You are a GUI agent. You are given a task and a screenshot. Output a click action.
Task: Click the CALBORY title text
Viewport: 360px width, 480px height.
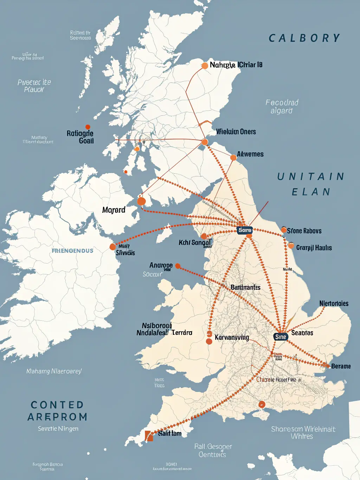[x=304, y=38]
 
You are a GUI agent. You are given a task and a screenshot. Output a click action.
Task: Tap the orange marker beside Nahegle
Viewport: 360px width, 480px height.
[x=205, y=65]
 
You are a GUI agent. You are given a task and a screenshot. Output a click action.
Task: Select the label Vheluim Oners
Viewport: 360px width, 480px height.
[x=236, y=132]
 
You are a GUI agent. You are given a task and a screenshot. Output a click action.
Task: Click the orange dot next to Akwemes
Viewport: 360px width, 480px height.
[x=233, y=158]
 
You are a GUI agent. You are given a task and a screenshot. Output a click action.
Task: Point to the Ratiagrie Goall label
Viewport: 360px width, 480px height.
[x=81, y=137]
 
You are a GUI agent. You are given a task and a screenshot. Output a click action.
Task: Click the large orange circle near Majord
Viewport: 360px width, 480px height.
[x=141, y=201]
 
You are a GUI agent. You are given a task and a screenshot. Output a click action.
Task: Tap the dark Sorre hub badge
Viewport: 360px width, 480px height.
[x=245, y=230]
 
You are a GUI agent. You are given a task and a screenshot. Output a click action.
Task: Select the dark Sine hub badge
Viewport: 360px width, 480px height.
[x=281, y=337]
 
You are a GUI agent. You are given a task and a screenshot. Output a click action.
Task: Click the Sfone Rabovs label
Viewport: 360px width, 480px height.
[x=304, y=231]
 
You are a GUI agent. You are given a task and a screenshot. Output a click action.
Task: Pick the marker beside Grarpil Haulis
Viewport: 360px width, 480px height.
[x=291, y=245]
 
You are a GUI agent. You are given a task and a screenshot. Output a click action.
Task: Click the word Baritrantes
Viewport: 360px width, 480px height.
[x=245, y=288]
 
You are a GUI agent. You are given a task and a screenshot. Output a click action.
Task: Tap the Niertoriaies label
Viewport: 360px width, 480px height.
[x=334, y=303]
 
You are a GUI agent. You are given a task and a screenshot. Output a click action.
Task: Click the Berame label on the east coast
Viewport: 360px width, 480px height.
[x=341, y=366]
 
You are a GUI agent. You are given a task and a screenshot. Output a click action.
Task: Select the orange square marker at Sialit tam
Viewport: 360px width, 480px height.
[x=149, y=436]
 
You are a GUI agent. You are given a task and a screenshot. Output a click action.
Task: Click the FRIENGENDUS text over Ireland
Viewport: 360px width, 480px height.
[x=72, y=251]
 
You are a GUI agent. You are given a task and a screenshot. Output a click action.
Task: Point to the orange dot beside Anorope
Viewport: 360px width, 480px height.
[x=178, y=266]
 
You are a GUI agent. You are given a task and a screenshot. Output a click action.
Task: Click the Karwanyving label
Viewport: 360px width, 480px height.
[x=232, y=338]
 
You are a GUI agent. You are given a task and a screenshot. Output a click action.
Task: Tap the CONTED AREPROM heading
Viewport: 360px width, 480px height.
[x=57, y=411]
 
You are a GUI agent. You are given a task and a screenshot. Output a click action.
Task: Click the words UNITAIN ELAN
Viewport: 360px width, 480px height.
[x=311, y=184]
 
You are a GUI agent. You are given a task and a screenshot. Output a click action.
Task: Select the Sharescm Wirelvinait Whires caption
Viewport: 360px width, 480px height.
[x=303, y=433]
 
